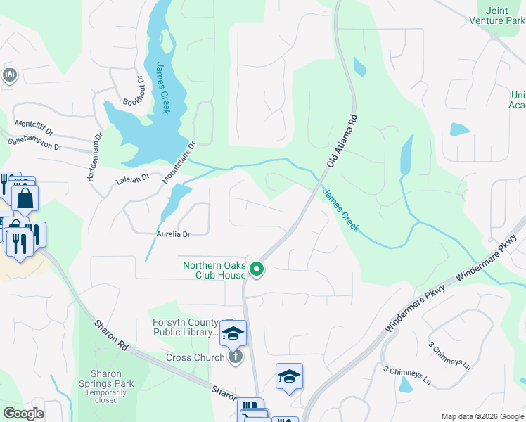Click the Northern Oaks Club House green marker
point(257,269)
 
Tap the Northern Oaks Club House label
point(214,270)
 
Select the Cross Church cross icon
point(236,357)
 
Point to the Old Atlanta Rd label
point(341,141)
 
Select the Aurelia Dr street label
point(174,234)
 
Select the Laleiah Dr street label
point(132,180)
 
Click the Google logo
point(23,414)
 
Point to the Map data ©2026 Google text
point(482,416)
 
